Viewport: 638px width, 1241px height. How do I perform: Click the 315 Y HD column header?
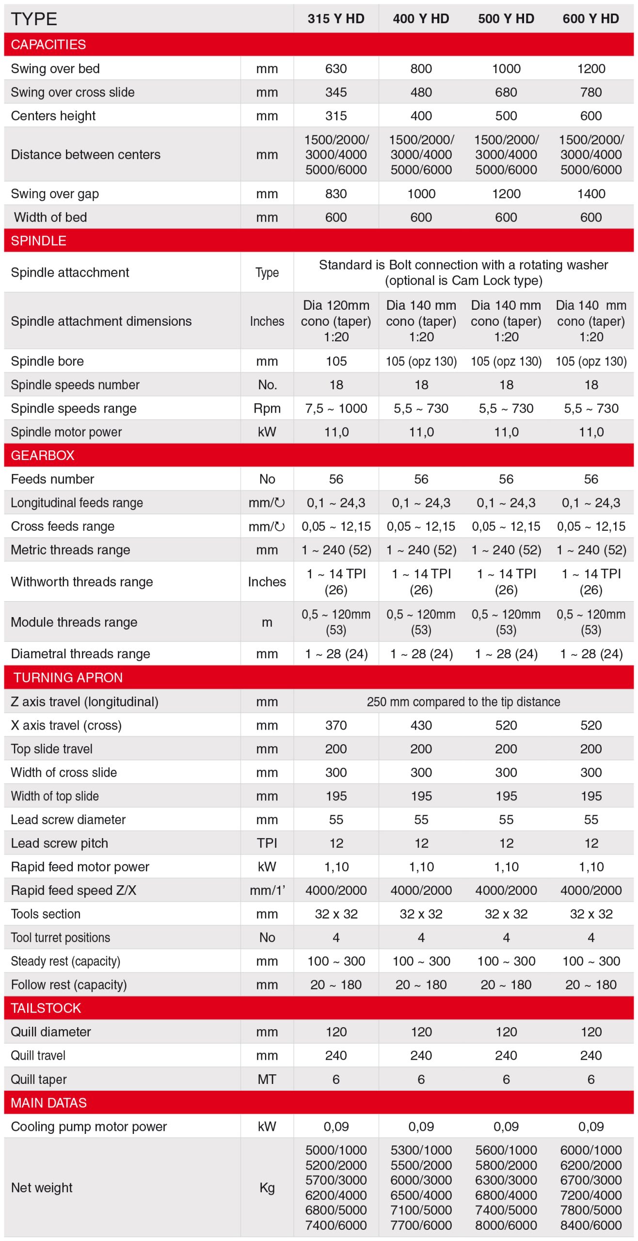(x=335, y=19)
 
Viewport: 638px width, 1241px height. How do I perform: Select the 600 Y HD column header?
(x=590, y=19)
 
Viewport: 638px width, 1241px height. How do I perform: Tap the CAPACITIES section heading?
(x=48, y=45)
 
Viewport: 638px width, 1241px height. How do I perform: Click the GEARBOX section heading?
(x=43, y=455)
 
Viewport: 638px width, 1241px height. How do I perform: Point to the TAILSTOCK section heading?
(x=46, y=1008)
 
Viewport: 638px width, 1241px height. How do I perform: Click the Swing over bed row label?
(x=55, y=68)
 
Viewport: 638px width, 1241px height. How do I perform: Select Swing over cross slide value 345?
(x=336, y=92)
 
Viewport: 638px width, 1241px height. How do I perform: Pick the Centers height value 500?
(x=506, y=116)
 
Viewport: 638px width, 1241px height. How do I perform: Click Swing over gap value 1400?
(x=591, y=194)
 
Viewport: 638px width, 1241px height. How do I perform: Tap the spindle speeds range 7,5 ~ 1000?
(x=336, y=409)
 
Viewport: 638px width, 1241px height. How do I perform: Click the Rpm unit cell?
(x=267, y=409)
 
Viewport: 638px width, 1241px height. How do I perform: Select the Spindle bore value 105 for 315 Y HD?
(x=336, y=361)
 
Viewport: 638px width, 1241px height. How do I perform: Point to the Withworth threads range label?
(x=82, y=582)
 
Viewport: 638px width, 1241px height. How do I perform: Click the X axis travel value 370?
(x=336, y=725)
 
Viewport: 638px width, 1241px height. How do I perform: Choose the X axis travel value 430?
(x=421, y=725)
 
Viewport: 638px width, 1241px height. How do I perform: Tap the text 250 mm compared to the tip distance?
(x=463, y=702)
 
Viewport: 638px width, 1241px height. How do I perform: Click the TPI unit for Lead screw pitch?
(x=267, y=843)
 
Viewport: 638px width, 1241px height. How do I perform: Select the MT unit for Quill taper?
(x=267, y=1079)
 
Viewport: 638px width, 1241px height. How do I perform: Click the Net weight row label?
(x=42, y=1188)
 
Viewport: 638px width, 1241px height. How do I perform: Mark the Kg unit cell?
(x=267, y=1188)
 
